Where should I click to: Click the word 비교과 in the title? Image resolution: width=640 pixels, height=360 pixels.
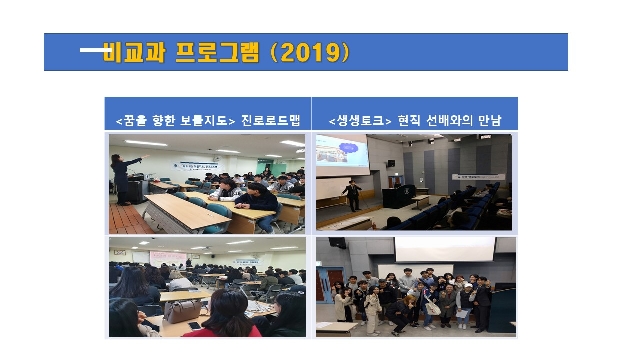(132, 52)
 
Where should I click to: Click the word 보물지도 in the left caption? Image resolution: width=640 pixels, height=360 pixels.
(204, 122)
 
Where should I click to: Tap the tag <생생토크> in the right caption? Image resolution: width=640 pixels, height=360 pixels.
(355, 122)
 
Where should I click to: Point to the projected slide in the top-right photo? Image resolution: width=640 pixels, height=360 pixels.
(341, 151)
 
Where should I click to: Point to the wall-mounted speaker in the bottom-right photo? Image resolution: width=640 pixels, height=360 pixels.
(337, 243)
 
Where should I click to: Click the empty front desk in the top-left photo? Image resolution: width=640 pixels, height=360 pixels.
(180, 212)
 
